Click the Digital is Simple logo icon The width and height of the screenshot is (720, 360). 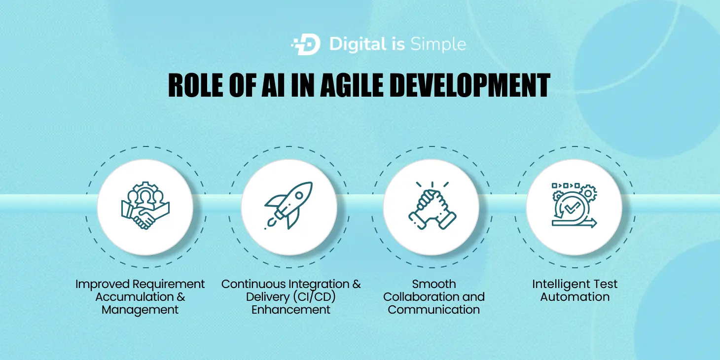(306, 44)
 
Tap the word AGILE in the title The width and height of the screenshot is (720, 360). (352, 85)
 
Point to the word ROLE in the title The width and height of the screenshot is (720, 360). (196, 85)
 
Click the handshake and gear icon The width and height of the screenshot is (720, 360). (145, 205)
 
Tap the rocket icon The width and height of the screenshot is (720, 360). (288, 205)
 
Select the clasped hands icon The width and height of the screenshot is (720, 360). (432, 205)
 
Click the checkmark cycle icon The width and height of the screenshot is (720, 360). (575, 205)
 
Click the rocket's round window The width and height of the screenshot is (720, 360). (299, 195)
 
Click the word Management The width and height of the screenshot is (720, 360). (140, 310)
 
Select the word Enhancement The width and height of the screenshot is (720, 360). (290, 310)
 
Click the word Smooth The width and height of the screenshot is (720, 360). (434, 284)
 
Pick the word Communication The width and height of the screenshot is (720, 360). (433, 310)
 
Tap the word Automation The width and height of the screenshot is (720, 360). (575, 297)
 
